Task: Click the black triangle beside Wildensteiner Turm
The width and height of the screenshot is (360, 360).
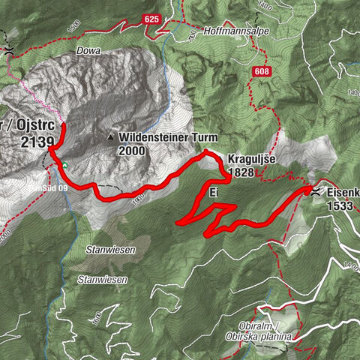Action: (111, 138)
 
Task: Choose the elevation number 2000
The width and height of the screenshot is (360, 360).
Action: (131, 150)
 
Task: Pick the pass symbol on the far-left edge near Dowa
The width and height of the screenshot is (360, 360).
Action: (7, 48)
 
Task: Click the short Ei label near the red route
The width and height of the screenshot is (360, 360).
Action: (214, 193)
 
